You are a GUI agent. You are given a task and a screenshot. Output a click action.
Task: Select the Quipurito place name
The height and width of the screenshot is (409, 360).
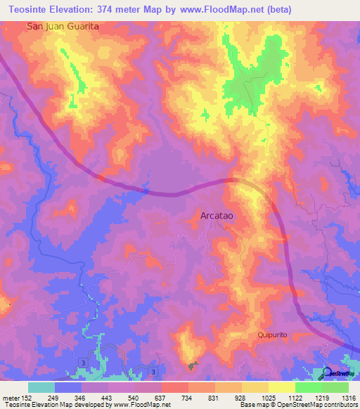pyautogui.click(x=274, y=335)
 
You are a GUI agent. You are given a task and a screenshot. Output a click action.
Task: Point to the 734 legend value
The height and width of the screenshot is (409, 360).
pyautogui.click(x=188, y=398)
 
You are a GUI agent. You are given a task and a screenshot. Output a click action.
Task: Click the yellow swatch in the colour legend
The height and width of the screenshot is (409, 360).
pyautogui.click(x=281, y=387)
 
